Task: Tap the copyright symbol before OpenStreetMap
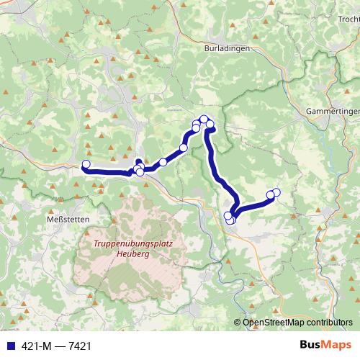[238, 323]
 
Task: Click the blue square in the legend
[7, 346]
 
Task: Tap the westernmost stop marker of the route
[86, 164]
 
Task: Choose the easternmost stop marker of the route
[276, 192]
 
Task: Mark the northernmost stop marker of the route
[204, 119]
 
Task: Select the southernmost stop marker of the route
[230, 220]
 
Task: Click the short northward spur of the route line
[138, 162]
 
